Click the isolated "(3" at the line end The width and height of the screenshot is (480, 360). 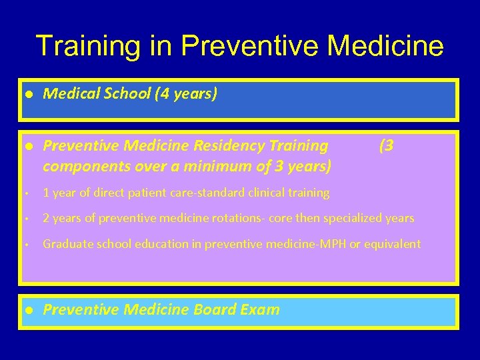(386, 146)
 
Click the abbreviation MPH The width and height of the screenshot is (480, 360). (333, 244)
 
